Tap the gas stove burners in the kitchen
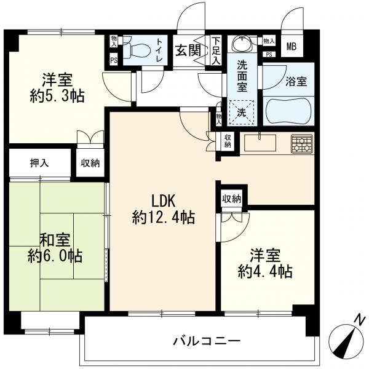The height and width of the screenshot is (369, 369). (x=302, y=144)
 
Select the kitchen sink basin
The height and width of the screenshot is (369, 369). (x=260, y=143)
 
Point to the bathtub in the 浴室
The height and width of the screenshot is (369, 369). (x=288, y=111)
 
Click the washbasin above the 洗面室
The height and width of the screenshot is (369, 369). (x=242, y=44)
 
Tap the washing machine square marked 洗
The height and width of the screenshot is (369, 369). (x=242, y=113)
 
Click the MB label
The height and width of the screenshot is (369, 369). (x=292, y=47)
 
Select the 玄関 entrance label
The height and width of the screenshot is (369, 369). (x=189, y=50)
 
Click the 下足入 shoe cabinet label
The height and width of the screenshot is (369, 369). (x=216, y=50)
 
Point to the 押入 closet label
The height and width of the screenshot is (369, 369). (x=39, y=162)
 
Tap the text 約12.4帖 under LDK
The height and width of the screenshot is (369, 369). (x=164, y=217)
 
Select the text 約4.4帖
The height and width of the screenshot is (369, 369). (x=265, y=272)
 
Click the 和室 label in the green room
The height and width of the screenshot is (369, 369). (x=55, y=240)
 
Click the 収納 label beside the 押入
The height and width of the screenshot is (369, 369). (x=90, y=163)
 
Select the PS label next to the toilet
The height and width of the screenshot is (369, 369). (x=114, y=60)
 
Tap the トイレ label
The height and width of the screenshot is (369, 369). (x=159, y=50)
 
